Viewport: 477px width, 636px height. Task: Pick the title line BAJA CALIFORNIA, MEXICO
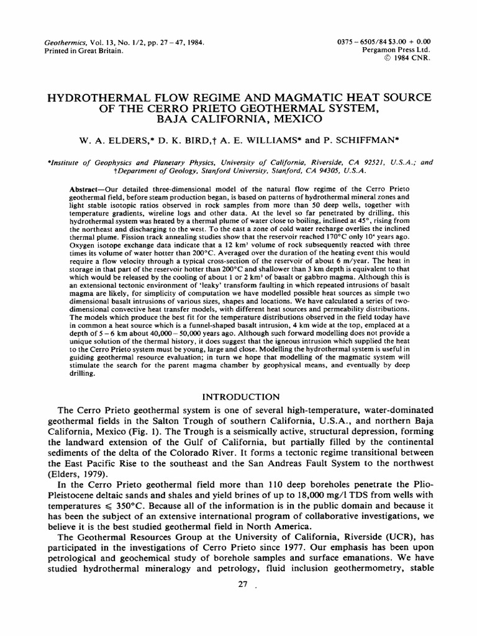pyautogui.click(x=239, y=119)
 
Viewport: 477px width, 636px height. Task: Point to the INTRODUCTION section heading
pyautogui.click(x=238, y=396)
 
